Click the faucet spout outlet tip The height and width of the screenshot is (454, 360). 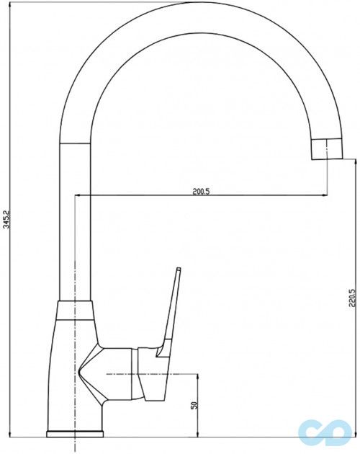click(326, 149)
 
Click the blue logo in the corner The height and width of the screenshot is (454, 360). click(328, 429)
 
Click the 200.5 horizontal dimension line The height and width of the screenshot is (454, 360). click(144, 196)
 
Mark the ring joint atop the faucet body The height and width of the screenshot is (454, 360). click(75, 309)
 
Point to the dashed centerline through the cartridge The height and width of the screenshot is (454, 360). click(144, 375)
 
